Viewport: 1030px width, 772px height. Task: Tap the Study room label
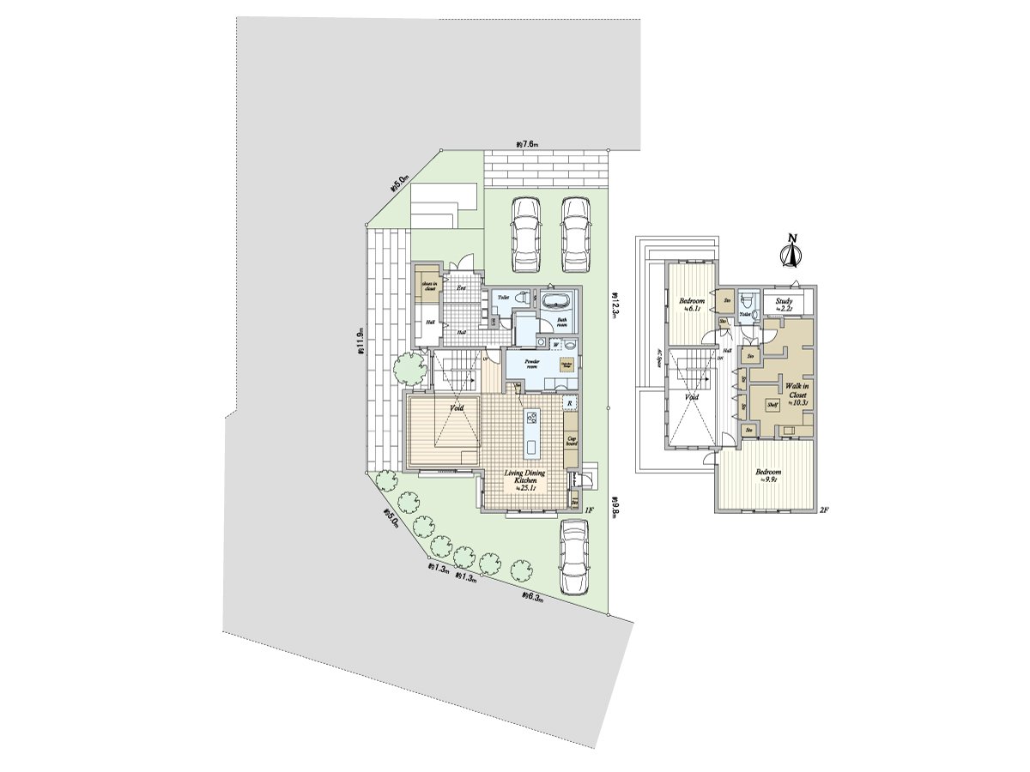pyautogui.click(x=783, y=303)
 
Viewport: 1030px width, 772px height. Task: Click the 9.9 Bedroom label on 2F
pyautogui.click(x=767, y=475)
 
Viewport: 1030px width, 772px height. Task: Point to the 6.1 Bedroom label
pyautogui.click(x=692, y=305)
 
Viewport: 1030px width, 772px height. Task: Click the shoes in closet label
pyautogui.click(x=427, y=286)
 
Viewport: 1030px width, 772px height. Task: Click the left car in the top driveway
pyautogui.click(x=524, y=232)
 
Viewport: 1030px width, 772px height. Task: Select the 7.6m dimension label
pyautogui.click(x=528, y=144)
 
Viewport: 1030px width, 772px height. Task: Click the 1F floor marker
pyautogui.click(x=589, y=510)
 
